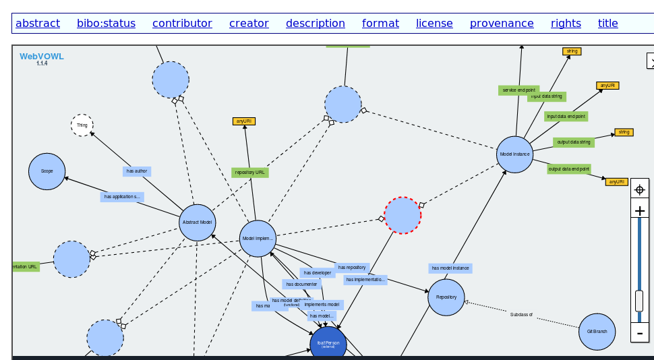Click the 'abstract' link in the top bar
click(x=38, y=24)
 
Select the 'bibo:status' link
click(x=106, y=24)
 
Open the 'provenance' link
click(x=502, y=24)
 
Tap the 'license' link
click(x=434, y=24)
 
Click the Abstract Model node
click(x=198, y=222)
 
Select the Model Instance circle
click(x=515, y=154)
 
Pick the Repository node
click(x=446, y=297)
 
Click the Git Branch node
click(x=597, y=332)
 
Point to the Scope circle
click(x=47, y=171)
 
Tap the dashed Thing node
click(x=82, y=125)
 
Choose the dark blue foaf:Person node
click(x=328, y=344)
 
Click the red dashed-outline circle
click(x=403, y=216)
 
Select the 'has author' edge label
click(x=136, y=171)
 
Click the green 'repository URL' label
click(x=249, y=173)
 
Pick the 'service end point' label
click(x=518, y=90)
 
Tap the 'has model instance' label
click(x=450, y=268)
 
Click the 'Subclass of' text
click(x=521, y=315)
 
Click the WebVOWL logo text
click(x=42, y=57)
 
